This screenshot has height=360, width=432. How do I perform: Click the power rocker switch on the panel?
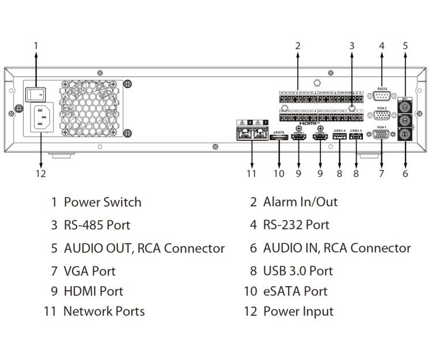pos(36,93)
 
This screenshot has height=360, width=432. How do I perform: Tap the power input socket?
pos(40,120)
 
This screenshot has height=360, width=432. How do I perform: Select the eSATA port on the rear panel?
pos(279,138)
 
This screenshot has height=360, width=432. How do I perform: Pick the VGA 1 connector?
pos(381,136)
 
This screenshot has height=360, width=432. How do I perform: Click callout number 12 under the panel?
pos(40,173)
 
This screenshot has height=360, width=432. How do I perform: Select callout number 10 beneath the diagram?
pos(279,173)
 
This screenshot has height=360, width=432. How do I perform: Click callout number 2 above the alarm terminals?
pos(298,45)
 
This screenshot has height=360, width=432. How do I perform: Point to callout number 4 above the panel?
pos(381,45)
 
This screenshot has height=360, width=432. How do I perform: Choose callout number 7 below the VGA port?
pos(381,173)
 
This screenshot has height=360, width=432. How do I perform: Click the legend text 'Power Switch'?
pos(102,202)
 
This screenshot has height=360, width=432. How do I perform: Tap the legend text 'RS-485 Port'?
pos(96,225)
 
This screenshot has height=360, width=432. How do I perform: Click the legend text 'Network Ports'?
pos(104,312)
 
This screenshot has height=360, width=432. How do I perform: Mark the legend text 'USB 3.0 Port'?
pos(298,270)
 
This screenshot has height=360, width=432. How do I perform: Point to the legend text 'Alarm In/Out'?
pos(300,202)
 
